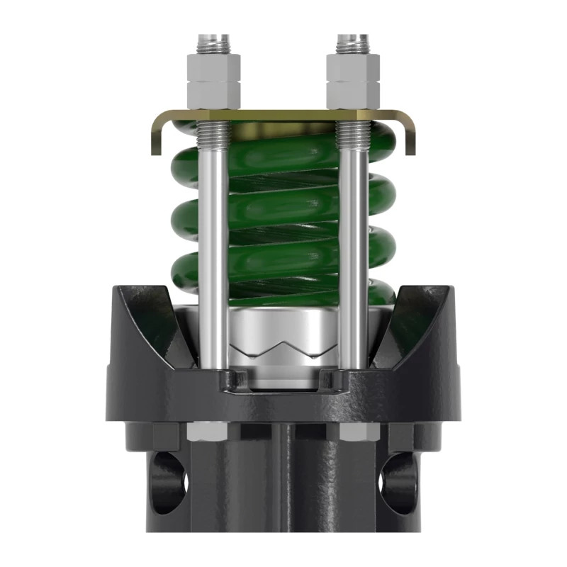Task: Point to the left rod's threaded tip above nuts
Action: point(211,43)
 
